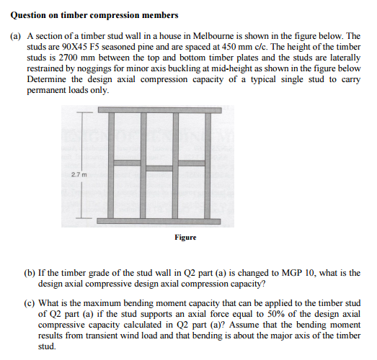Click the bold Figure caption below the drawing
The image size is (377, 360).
pos(185,236)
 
